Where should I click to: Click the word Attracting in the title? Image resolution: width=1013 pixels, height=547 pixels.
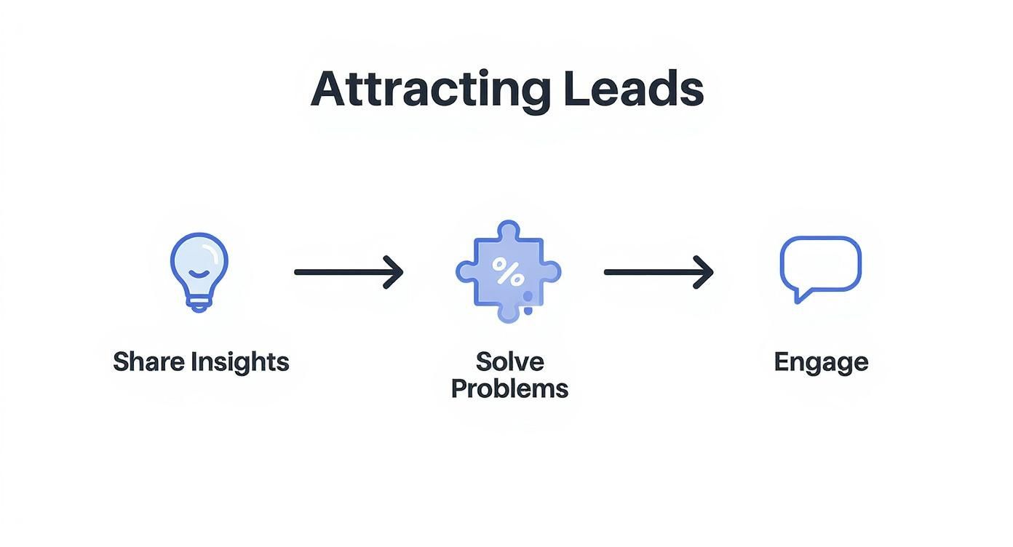coord(429,90)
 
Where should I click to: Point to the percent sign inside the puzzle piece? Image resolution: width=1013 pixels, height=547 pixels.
coord(507,271)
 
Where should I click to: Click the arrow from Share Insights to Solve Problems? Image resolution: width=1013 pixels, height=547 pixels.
coord(348,272)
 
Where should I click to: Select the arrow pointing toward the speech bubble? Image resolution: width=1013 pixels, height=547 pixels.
coord(658,272)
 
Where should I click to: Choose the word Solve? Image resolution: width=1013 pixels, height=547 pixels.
coord(509,361)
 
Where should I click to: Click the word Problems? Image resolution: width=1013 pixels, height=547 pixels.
coord(509,388)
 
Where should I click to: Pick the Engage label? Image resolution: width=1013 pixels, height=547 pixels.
coord(820,362)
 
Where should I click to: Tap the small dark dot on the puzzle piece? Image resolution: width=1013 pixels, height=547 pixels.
coord(528,311)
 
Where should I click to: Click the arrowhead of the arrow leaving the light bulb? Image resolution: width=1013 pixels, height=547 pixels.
coord(395,272)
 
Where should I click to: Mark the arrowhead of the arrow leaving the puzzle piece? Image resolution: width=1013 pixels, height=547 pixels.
coord(705,272)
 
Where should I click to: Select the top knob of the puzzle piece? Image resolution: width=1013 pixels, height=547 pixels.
coord(508,232)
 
